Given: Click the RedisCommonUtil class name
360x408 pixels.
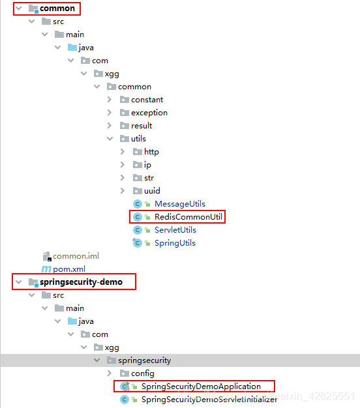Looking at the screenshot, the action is tap(188, 217).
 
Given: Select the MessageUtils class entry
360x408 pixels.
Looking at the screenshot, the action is tap(180, 204).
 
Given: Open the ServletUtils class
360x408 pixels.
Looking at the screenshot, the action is tap(175, 230).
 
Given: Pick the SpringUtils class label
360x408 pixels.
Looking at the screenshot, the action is tap(175, 243).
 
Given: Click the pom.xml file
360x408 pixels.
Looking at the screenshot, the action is tap(69, 269).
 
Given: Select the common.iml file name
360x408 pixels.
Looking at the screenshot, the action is tap(76, 256).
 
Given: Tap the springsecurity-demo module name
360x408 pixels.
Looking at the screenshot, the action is tap(81, 282).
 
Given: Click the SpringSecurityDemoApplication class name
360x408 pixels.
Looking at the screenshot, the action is tap(201, 386).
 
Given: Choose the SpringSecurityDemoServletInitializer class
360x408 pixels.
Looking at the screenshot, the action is tap(209, 400).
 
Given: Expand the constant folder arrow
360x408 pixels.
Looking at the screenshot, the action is tap(110, 100).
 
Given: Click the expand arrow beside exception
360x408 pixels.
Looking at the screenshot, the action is tap(110, 112).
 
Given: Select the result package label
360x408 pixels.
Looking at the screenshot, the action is tap(142, 126).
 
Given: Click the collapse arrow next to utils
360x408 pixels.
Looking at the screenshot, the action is tap(110, 139).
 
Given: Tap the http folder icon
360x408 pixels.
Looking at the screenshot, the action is tap(138, 151).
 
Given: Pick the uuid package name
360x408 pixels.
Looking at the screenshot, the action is tap(152, 191).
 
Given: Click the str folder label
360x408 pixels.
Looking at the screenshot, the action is tap(149, 178).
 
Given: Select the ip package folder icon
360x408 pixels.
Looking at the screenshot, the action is tap(138, 164).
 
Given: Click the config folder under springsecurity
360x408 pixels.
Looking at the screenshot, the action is tap(143, 373).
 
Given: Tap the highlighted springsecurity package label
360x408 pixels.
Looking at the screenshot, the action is tap(145, 360).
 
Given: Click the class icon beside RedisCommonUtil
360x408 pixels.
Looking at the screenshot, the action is tap(138, 217).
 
